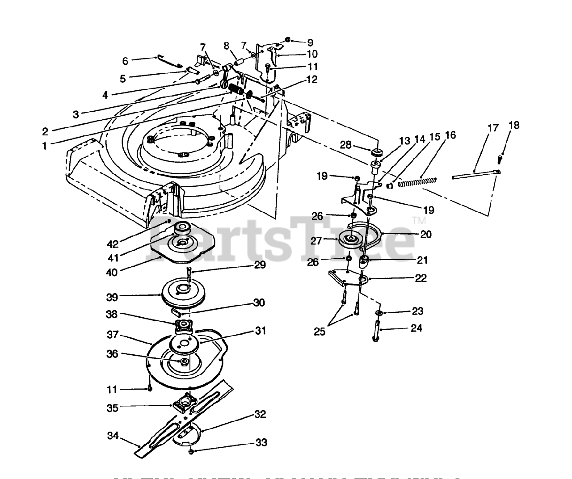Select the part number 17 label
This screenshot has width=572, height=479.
493,128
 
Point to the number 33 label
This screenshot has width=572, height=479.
261,443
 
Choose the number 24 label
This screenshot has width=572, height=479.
416,328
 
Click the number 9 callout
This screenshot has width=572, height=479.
311,43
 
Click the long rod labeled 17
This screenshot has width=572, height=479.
474,175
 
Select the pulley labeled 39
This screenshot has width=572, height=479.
182,292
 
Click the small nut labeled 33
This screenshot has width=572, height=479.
191,451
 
